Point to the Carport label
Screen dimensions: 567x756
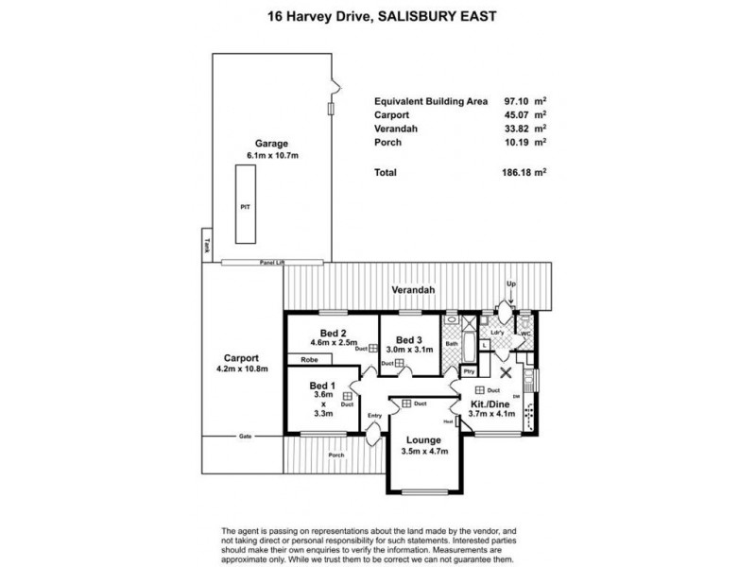tap(243, 357)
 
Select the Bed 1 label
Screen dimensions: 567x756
tap(322, 385)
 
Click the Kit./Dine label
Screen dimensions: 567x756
tap(491, 404)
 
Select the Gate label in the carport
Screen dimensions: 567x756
tap(245, 436)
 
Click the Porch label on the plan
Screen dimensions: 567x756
tap(335, 455)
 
